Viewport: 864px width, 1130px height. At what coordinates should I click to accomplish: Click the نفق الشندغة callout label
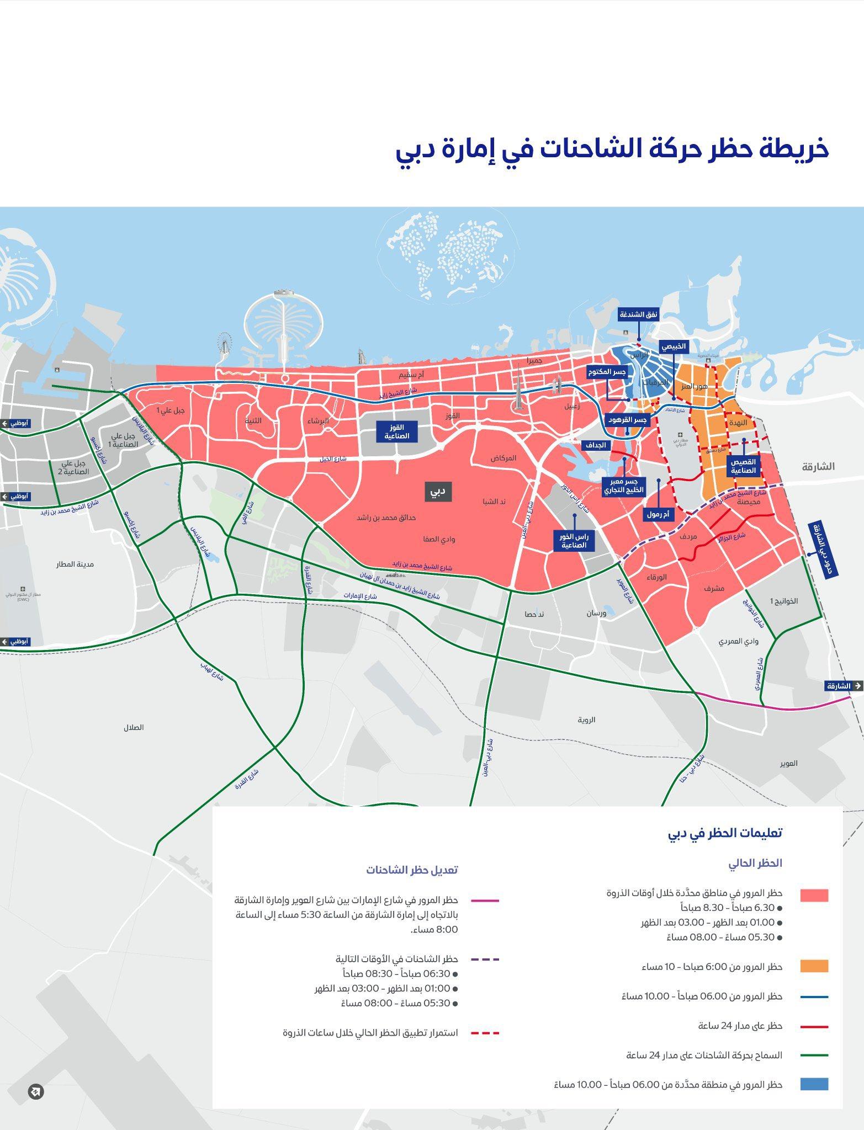[x=639, y=315]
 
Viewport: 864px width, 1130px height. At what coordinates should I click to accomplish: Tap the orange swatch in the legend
[x=814, y=967]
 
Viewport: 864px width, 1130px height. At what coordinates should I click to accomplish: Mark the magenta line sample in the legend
[x=485, y=900]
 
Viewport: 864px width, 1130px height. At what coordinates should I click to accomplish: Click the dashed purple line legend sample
[x=485, y=960]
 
